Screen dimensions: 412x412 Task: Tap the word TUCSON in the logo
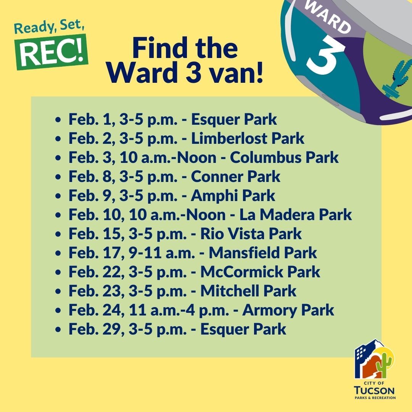click(374, 390)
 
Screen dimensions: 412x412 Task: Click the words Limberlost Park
click(248, 138)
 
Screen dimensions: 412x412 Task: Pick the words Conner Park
click(235, 177)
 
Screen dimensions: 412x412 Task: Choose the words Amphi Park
click(233, 196)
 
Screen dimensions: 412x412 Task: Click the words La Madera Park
click(295, 215)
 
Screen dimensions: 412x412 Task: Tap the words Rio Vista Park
click(251, 234)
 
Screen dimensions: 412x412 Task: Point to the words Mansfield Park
click(263, 253)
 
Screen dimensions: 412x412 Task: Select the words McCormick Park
click(260, 272)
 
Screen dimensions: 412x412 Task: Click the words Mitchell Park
click(248, 291)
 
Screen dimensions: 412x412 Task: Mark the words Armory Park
click(288, 310)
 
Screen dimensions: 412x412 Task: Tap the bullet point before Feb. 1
click(58, 120)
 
